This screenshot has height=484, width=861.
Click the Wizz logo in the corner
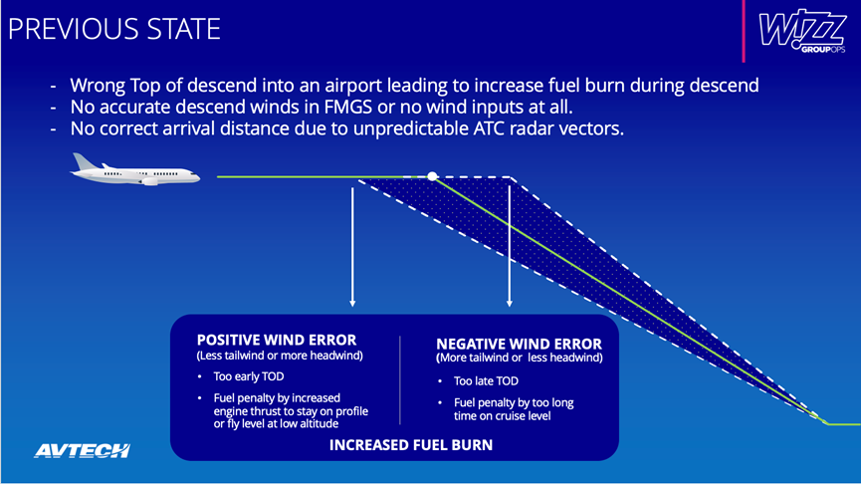[802, 31]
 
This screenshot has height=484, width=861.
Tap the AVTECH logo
[83, 450]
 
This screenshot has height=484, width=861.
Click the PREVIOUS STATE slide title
[114, 29]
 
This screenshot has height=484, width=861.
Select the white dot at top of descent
[433, 176]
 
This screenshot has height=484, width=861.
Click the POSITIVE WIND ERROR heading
[277, 340]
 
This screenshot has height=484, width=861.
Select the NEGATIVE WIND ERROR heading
[519, 344]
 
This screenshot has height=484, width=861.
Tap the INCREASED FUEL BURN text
[411, 445]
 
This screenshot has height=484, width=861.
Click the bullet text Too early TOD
[249, 376]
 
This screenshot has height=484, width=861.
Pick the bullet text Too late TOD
[486, 380]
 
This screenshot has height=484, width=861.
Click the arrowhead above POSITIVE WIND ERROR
[352, 303]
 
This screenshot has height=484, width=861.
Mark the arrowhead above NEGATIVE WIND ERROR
[510, 303]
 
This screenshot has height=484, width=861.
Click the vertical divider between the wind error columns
[400, 380]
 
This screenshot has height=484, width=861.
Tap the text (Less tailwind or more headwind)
[280, 356]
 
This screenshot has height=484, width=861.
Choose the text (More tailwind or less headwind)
[520, 359]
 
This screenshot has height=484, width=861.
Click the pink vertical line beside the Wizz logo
[744, 31]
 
